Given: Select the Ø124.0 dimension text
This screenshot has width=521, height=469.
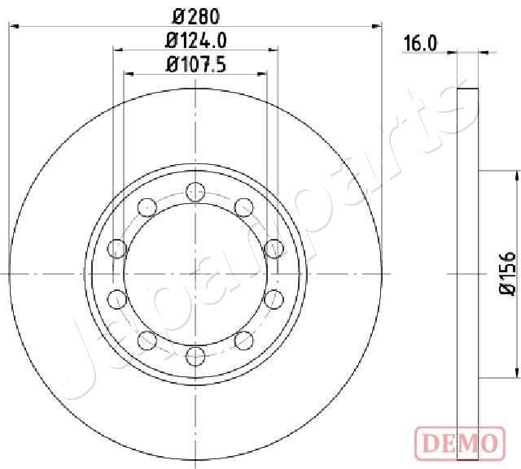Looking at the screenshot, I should (x=195, y=39).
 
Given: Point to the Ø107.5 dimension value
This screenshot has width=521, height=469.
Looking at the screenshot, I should (x=195, y=63).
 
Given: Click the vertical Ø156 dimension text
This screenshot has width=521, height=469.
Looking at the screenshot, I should (x=506, y=274).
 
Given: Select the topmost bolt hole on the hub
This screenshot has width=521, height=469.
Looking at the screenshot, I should (x=195, y=192).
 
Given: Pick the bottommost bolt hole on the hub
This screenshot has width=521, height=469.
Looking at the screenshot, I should (x=195, y=355).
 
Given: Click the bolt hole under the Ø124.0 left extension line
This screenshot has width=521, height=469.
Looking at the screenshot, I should (x=116, y=247).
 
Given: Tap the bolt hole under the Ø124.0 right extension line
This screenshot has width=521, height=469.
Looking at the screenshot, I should (x=273, y=247).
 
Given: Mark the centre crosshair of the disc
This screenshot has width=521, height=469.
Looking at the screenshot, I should (x=195, y=274).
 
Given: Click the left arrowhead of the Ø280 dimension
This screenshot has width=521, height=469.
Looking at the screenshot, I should (x=13, y=27).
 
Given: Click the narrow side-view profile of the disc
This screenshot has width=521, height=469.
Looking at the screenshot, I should (x=466, y=274).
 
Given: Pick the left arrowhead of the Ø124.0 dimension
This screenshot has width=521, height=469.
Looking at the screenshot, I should (x=116, y=50).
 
